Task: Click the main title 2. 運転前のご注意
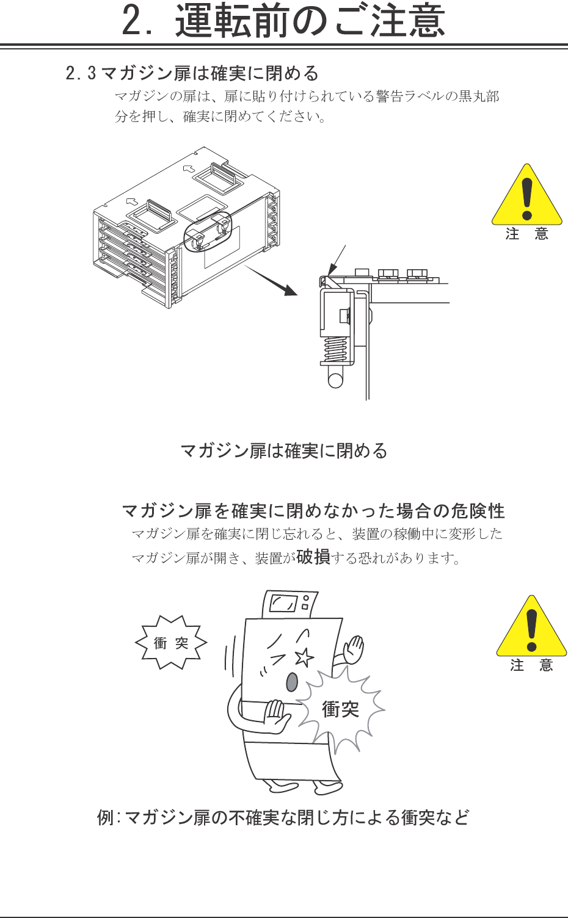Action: [x=283, y=21]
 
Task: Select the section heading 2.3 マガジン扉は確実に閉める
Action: [x=192, y=73]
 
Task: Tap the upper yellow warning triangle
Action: [x=527, y=194]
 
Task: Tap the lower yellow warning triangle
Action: [x=531, y=626]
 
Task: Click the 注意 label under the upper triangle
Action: [x=527, y=234]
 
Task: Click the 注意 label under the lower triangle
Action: [x=531, y=665]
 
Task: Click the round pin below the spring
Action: [x=335, y=380]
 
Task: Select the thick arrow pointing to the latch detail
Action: [x=271, y=280]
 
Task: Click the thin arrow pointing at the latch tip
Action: [x=337, y=260]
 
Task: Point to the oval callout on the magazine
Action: [x=208, y=233]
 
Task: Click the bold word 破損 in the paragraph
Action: [x=313, y=557]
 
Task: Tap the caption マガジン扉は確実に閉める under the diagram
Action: [x=284, y=451]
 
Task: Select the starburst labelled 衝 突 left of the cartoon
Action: [x=171, y=642]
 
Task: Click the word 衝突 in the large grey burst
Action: [x=340, y=709]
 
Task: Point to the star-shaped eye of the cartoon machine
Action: [x=304, y=657]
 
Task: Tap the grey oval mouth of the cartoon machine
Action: [x=291, y=682]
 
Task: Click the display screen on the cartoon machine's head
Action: [x=283, y=604]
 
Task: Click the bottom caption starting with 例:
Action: [x=283, y=818]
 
